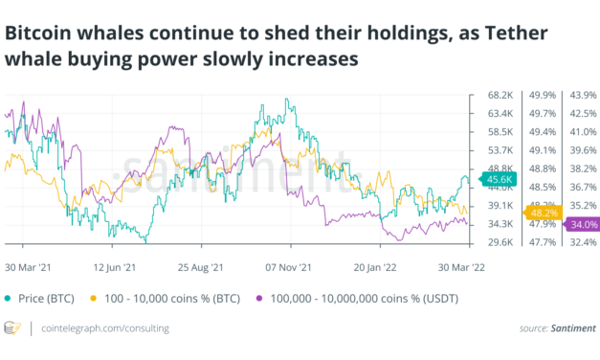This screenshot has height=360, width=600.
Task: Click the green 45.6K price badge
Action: point(501,179)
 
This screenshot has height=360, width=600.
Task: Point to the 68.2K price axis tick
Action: point(501,95)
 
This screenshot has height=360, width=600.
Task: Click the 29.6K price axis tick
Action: point(501,243)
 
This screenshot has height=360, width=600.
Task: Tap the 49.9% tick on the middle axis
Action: point(543,95)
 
